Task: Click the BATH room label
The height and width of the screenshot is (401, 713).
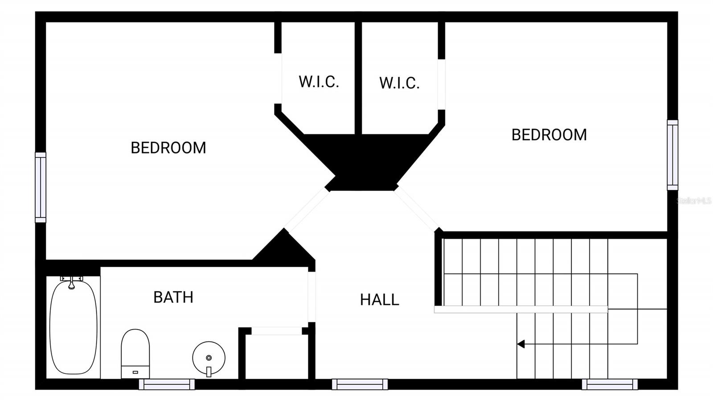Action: tap(173, 297)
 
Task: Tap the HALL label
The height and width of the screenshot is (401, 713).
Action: tap(379, 300)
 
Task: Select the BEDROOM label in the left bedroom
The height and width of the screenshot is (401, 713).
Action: tap(168, 148)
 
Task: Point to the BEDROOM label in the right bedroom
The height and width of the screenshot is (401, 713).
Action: tap(549, 135)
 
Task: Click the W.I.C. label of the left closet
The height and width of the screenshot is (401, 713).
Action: tap(319, 82)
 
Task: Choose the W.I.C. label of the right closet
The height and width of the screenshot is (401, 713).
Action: tap(399, 83)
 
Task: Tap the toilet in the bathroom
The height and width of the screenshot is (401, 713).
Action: tap(135, 354)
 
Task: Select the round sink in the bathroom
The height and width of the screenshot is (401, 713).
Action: tap(209, 358)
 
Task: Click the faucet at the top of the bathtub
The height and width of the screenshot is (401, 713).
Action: tap(72, 282)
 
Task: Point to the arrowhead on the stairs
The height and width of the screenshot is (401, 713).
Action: tap(521, 344)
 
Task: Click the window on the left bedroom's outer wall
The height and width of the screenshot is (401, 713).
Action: tap(41, 187)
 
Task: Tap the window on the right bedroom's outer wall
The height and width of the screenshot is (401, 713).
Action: tap(672, 155)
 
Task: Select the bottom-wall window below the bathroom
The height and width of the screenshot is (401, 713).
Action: tap(167, 384)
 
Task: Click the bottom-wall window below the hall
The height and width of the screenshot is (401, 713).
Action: tap(360, 384)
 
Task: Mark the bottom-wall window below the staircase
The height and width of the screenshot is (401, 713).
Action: tap(610, 384)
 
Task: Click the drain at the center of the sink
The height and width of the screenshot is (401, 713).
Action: tap(209, 358)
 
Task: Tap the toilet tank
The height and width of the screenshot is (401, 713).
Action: tap(135, 372)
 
